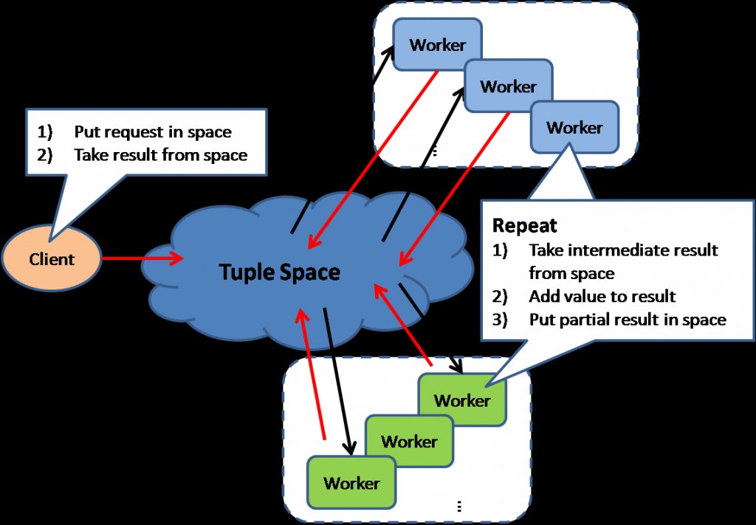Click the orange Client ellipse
coord(52,259)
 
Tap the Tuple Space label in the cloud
coord(280,272)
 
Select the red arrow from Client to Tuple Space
coord(140,258)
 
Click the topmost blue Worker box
coord(437,44)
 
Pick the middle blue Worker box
coord(508,86)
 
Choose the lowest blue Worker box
coord(574,127)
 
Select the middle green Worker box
coord(409,441)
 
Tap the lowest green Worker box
coord(351,483)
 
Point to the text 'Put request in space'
coord(152,132)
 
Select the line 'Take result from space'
coord(160,155)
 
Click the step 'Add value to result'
coord(602,296)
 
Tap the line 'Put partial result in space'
coord(627,320)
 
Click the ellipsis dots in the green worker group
coord(459,506)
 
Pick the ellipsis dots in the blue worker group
coord(434,151)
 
